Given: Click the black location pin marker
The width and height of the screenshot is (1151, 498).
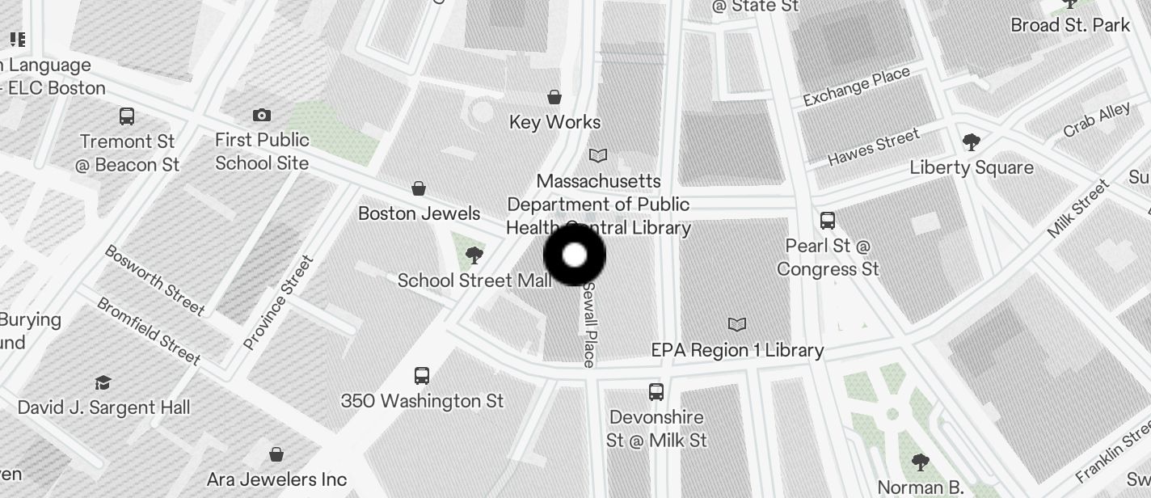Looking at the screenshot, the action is coord(574,255).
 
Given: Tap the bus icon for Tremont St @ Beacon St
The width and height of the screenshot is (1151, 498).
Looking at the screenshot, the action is coord(127,116).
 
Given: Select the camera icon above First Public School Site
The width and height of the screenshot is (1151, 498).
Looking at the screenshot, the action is coord(261,115).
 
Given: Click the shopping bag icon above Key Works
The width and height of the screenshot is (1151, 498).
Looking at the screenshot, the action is coord(554,97).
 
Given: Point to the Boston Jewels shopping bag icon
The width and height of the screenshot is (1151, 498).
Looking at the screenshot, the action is coord(419,188).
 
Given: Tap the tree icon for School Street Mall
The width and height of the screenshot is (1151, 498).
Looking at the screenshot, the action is coord(474,256).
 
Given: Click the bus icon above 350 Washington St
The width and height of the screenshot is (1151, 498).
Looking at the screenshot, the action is coord(422,376).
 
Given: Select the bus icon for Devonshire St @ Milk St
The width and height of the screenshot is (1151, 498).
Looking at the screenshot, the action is coord(656,392).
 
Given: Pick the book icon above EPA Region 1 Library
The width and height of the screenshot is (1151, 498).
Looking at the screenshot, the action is coord(736,324).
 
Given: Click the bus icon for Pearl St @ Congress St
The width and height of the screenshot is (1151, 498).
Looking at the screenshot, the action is coord(827,220).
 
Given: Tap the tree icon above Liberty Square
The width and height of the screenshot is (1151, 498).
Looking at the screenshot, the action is coord(972,142).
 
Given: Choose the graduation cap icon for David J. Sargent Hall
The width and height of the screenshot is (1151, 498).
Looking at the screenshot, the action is coord(103,382).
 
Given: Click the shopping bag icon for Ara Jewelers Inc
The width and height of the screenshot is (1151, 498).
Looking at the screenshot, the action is coord(276,454).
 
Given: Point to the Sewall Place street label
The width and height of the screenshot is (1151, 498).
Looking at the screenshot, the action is coord(590,324).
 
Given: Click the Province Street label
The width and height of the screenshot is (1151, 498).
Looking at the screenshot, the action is coord(278,303).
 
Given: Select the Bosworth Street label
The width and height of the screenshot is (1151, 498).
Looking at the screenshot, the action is coord(154,280).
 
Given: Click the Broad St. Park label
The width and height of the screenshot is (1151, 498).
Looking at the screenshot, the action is coord(1069,25).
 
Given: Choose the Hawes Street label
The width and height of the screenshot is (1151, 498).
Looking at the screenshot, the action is coord(873,147).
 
